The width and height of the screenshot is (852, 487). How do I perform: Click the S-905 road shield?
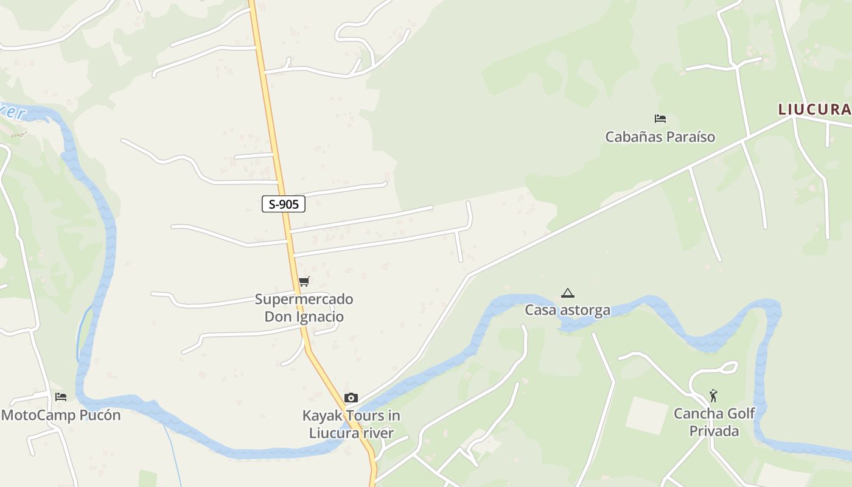pyautogui.click(x=284, y=204)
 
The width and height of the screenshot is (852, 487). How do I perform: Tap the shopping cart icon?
pyautogui.click(x=304, y=281)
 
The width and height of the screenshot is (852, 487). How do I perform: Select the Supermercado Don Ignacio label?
pyautogui.click(x=304, y=308)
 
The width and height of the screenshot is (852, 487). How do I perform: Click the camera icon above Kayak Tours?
pyautogui.click(x=351, y=398)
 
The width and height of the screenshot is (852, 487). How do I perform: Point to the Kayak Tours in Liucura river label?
pyautogui.click(x=351, y=424)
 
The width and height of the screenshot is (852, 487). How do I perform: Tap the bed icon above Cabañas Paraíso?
pyautogui.click(x=660, y=119)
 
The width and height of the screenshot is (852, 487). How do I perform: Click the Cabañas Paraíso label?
pyautogui.click(x=660, y=137)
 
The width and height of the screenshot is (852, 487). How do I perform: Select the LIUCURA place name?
pyautogui.click(x=814, y=110)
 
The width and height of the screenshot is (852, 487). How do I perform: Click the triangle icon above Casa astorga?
pyautogui.click(x=568, y=293)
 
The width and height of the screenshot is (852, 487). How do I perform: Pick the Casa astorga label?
pyautogui.click(x=568, y=310)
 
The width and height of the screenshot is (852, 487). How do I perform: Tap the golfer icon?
pyautogui.click(x=714, y=396)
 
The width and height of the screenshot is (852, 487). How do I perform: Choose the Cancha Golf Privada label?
pyautogui.click(x=714, y=422)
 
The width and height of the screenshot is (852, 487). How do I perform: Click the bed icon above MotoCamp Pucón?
pyautogui.click(x=61, y=397)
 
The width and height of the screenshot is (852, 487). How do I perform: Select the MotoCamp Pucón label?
pyautogui.click(x=61, y=416)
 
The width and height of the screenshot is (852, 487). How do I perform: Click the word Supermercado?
pyautogui.click(x=304, y=300)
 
